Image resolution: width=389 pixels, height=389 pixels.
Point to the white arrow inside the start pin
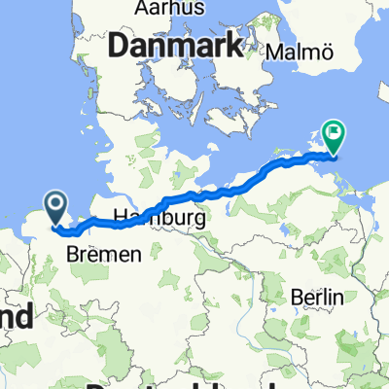click(x=55, y=204)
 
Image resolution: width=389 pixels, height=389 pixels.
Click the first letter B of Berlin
click(x=296, y=297)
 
